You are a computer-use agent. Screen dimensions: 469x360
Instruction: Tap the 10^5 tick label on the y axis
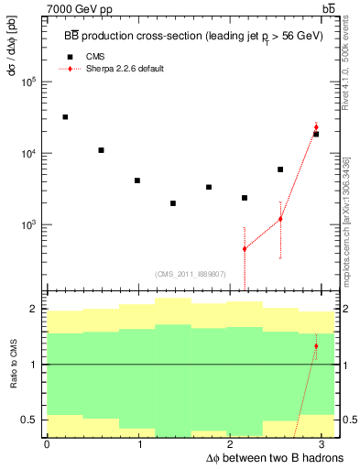click(27, 82)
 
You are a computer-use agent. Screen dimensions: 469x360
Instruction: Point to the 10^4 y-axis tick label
click(27, 153)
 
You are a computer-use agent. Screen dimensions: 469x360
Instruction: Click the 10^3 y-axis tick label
click(27, 224)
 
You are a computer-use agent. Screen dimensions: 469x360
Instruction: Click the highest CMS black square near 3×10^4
click(65, 117)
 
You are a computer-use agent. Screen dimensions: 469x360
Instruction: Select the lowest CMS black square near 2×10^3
click(173, 203)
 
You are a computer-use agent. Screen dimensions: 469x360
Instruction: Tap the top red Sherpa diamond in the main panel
click(316, 127)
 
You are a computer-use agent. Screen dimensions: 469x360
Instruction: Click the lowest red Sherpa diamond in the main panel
click(245, 248)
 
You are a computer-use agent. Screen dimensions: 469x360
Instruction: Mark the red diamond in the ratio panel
click(316, 346)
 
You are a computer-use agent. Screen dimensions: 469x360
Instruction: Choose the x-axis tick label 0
click(47, 444)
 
